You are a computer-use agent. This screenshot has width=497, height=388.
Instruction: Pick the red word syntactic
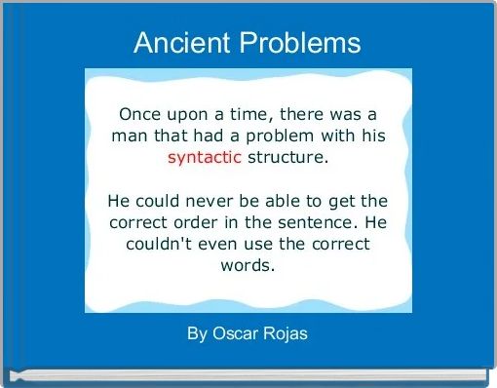pyautogui.click(x=204, y=156)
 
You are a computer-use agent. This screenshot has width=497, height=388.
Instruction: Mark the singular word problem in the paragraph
pyautogui.click(x=281, y=135)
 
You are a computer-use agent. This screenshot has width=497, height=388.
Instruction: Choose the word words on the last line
pyautogui.click(x=248, y=265)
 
